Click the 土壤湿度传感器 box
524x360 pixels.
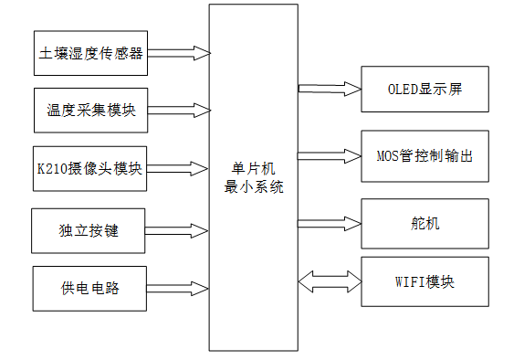90,54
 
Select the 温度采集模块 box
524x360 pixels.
90,111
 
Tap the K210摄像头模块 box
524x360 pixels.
90,168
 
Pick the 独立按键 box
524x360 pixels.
89,230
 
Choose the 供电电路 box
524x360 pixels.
89,289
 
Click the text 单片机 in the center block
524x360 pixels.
255,169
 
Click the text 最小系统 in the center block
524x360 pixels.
255,186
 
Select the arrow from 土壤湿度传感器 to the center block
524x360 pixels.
178,54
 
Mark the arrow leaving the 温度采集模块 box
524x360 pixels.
178,111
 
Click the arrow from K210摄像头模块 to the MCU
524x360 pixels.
178,168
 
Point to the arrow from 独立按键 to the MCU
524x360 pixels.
178,230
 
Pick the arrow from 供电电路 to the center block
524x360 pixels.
178,289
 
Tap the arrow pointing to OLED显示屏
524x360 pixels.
330,90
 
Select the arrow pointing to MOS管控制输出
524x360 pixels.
330,155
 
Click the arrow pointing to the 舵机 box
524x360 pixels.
330,222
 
